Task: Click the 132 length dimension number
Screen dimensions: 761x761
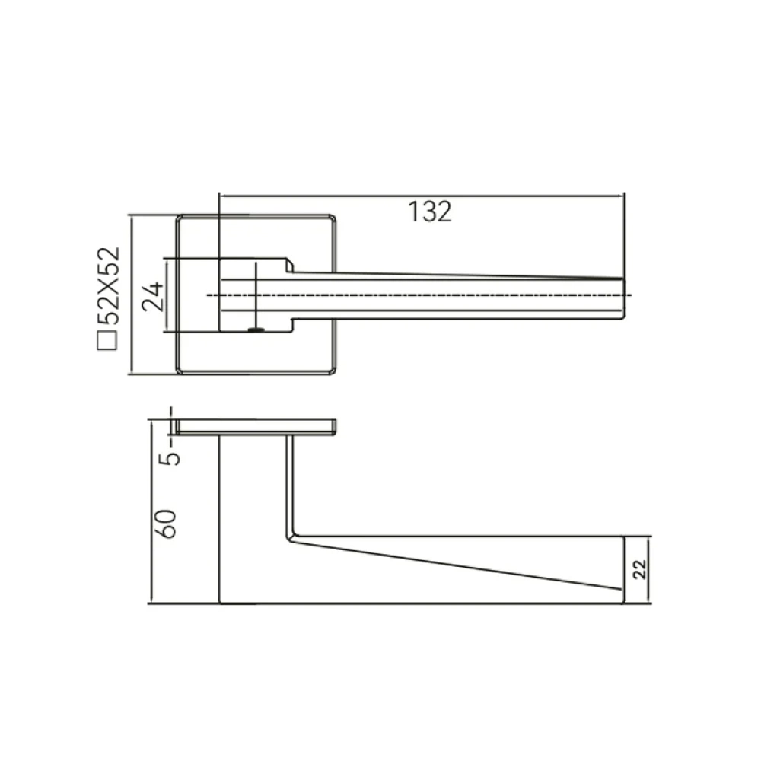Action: pyautogui.click(x=429, y=212)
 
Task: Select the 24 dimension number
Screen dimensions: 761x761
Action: pyautogui.click(x=152, y=295)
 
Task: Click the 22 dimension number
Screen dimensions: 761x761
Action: pyautogui.click(x=640, y=569)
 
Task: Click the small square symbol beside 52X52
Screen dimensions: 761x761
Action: pyautogui.click(x=107, y=340)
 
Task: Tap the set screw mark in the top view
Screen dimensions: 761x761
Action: pyautogui.click(x=256, y=330)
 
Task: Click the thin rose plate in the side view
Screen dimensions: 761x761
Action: pyautogui.click(x=256, y=426)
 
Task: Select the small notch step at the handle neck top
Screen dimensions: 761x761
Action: pyautogui.click(x=290, y=265)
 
